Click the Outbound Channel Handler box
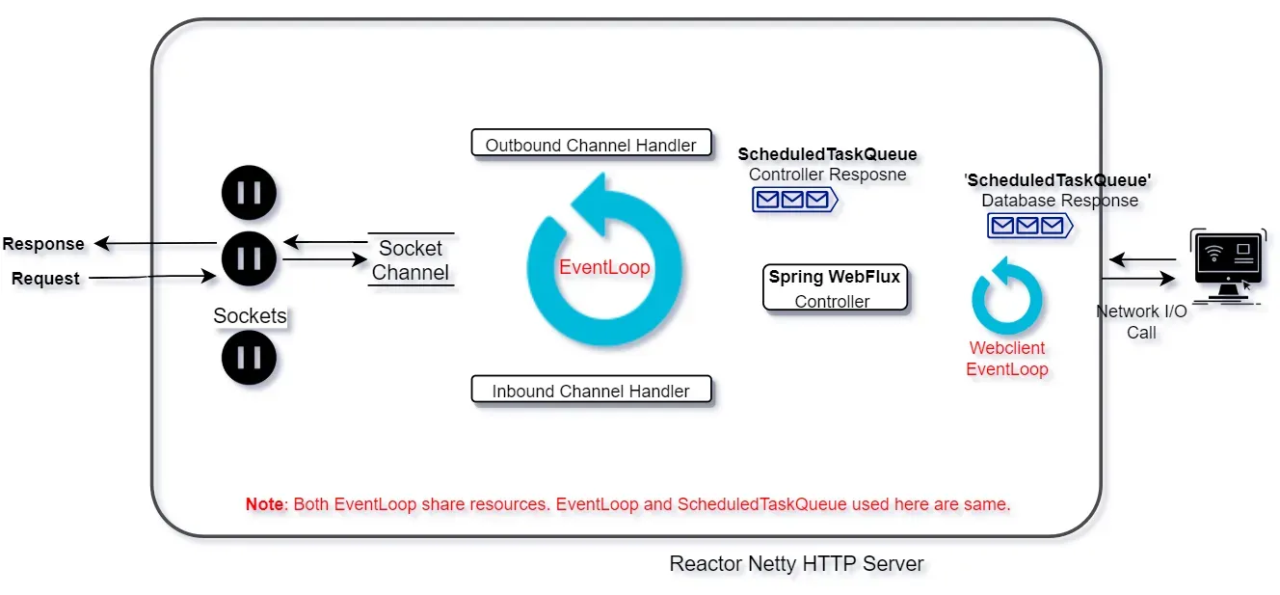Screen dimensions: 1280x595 592,143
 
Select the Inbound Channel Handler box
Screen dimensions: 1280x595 592,390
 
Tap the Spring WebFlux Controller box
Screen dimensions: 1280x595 835,287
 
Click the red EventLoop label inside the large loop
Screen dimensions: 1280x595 604,267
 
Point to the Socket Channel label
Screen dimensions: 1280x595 411,260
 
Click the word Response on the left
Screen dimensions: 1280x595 43,243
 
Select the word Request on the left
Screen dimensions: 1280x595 45,279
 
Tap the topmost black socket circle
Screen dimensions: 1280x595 249,193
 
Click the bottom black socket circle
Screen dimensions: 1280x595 249,358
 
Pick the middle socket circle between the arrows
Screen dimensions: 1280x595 249,258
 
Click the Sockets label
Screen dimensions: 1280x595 250,315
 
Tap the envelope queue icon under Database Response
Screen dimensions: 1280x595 1030,226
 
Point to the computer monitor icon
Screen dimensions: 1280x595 1227,267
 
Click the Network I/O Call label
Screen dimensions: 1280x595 1141,322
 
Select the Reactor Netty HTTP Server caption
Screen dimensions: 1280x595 796,563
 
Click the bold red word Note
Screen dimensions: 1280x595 264,504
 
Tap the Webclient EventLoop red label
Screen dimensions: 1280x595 1007,359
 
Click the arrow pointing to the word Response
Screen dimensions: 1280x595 155,243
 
